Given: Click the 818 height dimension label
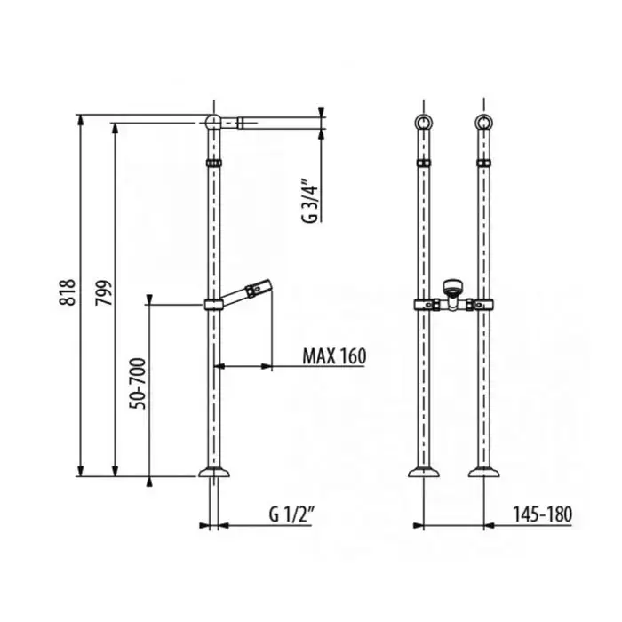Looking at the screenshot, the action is [x=68, y=292].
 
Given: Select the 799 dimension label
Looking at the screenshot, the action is [x=104, y=292].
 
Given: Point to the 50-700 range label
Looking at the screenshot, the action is [x=139, y=384].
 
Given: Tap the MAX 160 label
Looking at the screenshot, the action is [x=334, y=356].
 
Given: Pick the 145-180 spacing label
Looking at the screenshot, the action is [x=542, y=514].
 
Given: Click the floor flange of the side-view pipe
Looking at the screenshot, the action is [x=214, y=472].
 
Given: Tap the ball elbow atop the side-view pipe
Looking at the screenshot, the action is [x=213, y=122].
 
